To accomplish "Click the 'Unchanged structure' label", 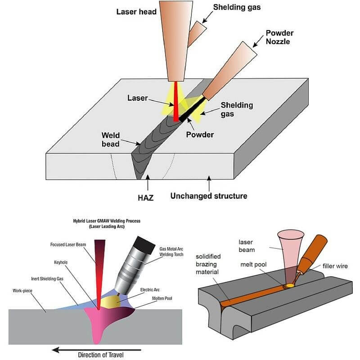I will [208, 196].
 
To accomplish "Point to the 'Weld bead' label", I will [110, 139].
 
